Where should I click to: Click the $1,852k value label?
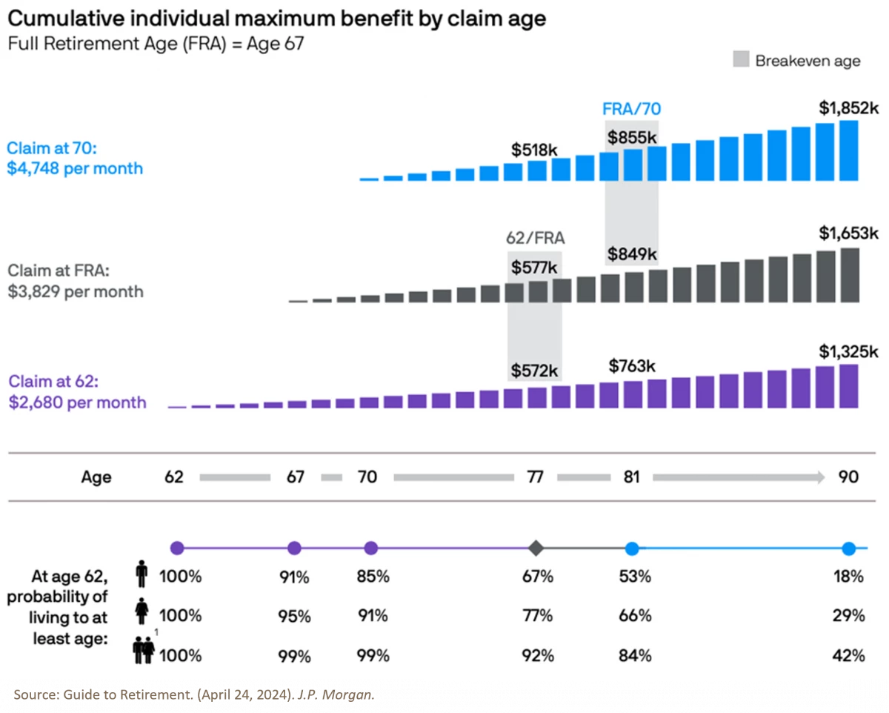coord(848,107)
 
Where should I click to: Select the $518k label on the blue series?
coord(533,149)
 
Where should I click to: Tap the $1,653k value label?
coord(848,233)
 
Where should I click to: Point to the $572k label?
coord(533,370)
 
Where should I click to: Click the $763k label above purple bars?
coord(632,365)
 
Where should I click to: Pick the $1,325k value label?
coord(848,350)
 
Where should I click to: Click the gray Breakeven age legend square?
coord(742,60)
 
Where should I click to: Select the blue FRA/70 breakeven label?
coord(631,109)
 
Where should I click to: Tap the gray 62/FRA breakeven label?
coord(534,238)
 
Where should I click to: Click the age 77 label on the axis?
coord(535,477)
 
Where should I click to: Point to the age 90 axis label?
coord(848,477)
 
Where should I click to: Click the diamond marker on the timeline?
coord(536,548)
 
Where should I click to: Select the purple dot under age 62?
coord(177,548)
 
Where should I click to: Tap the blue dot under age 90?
coord(848,548)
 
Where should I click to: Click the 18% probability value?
coord(848,576)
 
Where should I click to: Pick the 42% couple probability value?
coord(848,655)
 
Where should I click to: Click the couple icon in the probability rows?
coord(142,652)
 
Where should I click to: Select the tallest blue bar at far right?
coord(849,150)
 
